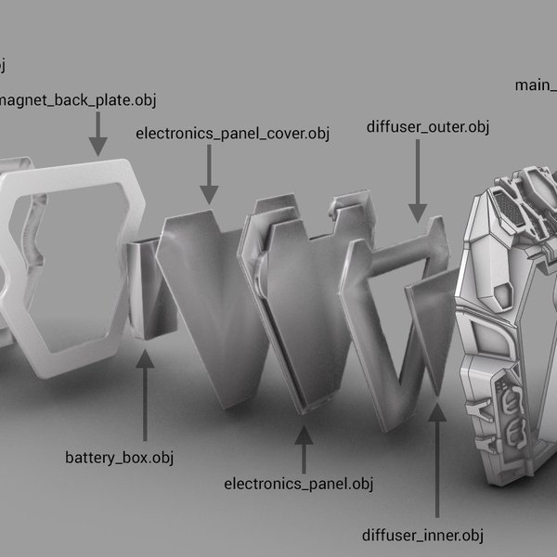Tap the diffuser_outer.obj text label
[427, 125]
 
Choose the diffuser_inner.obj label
[423, 536]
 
